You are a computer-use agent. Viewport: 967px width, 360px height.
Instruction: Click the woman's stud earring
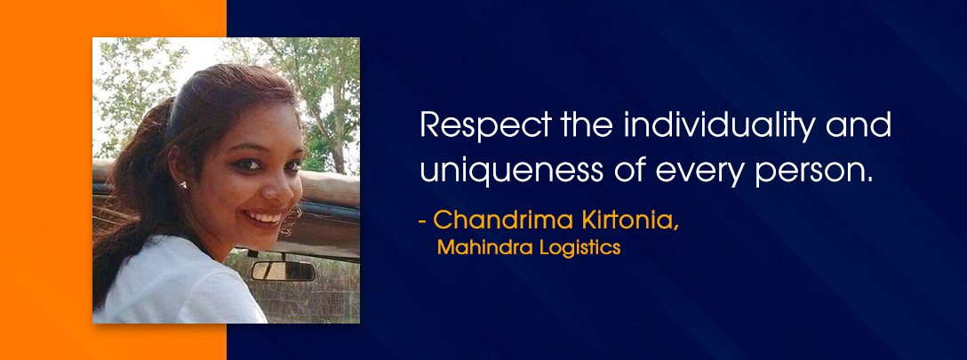(183, 184)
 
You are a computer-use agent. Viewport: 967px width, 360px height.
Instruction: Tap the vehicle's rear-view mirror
(283, 271)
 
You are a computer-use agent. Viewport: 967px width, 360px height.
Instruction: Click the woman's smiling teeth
(263, 217)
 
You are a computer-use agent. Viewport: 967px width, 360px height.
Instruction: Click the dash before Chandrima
(422, 221)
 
